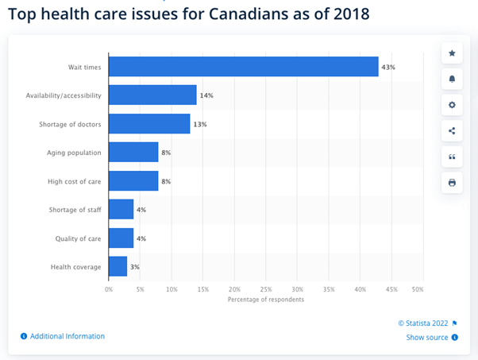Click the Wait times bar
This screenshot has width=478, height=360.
click(243, 67)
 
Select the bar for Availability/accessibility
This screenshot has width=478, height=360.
click(152, 95)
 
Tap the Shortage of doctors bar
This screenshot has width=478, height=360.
click(149, 124)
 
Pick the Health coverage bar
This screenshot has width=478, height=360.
click(118, 266)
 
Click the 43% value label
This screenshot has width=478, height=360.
click(388, 67)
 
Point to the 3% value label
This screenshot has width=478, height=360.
click(135, 266)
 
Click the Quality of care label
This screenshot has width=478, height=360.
click(79, 238)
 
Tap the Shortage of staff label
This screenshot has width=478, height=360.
click(75, 210)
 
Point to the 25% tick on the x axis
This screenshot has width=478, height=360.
click(266, 288)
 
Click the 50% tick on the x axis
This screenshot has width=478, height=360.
click(418, 288)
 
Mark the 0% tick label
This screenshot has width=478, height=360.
click(109, 288)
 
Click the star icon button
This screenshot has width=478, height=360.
click(452, 53)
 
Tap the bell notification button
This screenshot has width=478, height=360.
click(452, 79)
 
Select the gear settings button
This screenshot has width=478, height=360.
click(452, 105)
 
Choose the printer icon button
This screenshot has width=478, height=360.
click(452, 182)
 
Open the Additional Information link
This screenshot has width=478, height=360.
click(67, 336)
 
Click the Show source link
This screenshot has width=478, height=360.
click(428, 337)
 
